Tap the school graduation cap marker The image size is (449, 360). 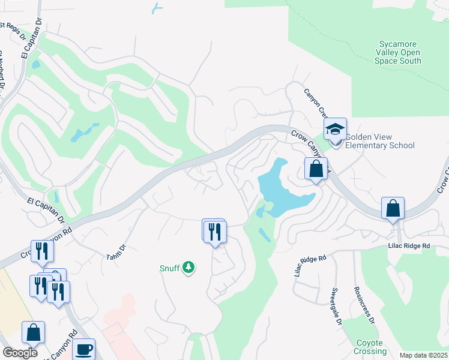(336, 129)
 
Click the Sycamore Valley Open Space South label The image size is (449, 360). (399, 52)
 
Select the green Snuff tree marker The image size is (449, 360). (189, 267)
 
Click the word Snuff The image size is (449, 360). (169, 268)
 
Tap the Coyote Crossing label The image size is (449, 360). (370, 347)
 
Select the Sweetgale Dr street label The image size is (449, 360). (336, 307)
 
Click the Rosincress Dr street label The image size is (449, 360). (364, 306)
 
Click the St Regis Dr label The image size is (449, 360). (14, 30)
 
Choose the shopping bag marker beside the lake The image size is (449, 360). (316, 169)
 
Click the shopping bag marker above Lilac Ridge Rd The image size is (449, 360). (393, 209)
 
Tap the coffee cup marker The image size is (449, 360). (83, 349)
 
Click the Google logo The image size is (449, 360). (20, 353)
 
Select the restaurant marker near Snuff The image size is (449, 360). (214, 231)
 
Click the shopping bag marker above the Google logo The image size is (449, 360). (33, 333)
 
